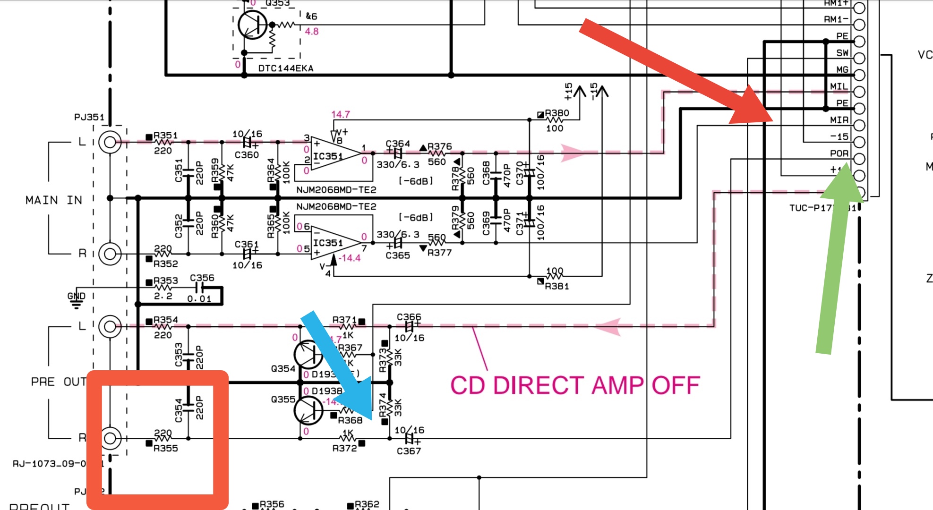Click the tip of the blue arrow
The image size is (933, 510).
pos(371,418)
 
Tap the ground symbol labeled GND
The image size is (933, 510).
pos(76,302)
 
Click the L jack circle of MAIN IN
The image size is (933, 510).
pos(110,142)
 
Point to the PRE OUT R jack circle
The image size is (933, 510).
pos(110,438)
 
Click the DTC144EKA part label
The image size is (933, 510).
pos(285,68)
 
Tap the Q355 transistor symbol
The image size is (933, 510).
pos(308,410)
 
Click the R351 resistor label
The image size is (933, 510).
pos(165,136)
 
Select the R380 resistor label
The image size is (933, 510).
pos(556,113)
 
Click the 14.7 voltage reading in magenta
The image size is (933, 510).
pos(340,114)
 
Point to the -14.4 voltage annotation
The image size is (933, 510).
pos(349,258)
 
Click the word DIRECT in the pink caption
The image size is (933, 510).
pos(539,385)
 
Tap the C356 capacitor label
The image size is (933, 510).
pos(202,278)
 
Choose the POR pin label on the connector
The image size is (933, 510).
pos(839,153)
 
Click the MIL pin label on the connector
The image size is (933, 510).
pos(839,86)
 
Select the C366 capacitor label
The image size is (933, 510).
pos(409,317)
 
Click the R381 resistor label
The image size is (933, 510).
pos(556,286)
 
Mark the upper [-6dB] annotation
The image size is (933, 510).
pos(416,181)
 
